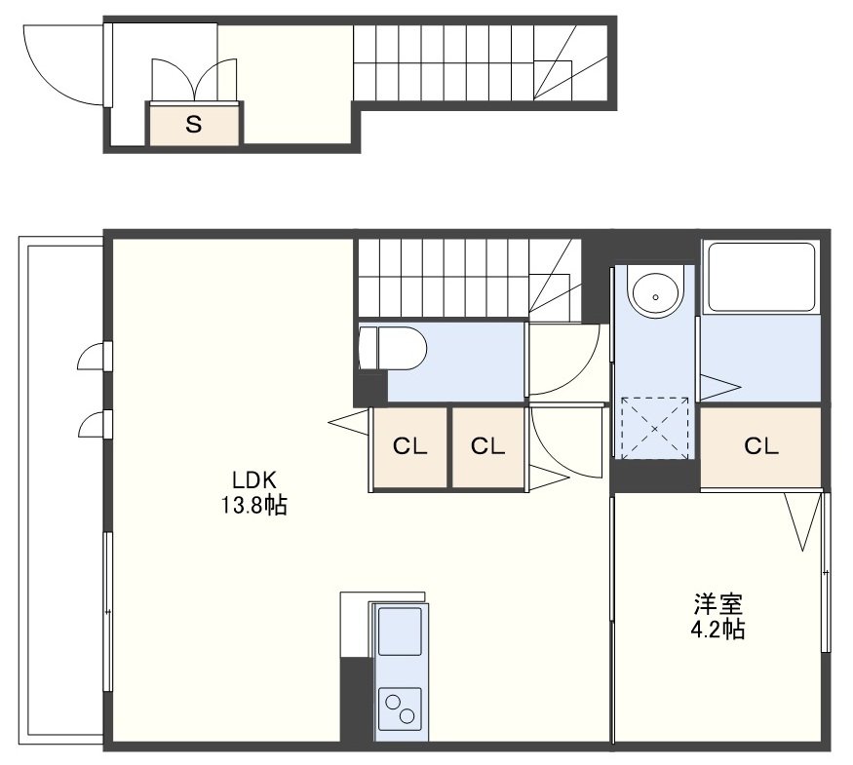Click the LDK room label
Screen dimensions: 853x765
point(254,480)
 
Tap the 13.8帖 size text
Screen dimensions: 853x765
point(253,506)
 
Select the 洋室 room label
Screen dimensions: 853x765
point(717,603)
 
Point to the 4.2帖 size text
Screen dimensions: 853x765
point(717,630)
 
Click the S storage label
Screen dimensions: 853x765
point(194,125)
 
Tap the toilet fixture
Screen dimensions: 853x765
point(392,349)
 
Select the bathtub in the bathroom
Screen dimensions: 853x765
point(760,277)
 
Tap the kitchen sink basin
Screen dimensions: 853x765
point(400,631)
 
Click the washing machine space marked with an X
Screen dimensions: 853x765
point(654,429)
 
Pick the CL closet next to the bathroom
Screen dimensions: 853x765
point(760,447)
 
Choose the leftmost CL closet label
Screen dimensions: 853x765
point(409,447)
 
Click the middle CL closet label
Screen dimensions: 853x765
point(487,447)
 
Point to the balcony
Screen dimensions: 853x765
point(60,495)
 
